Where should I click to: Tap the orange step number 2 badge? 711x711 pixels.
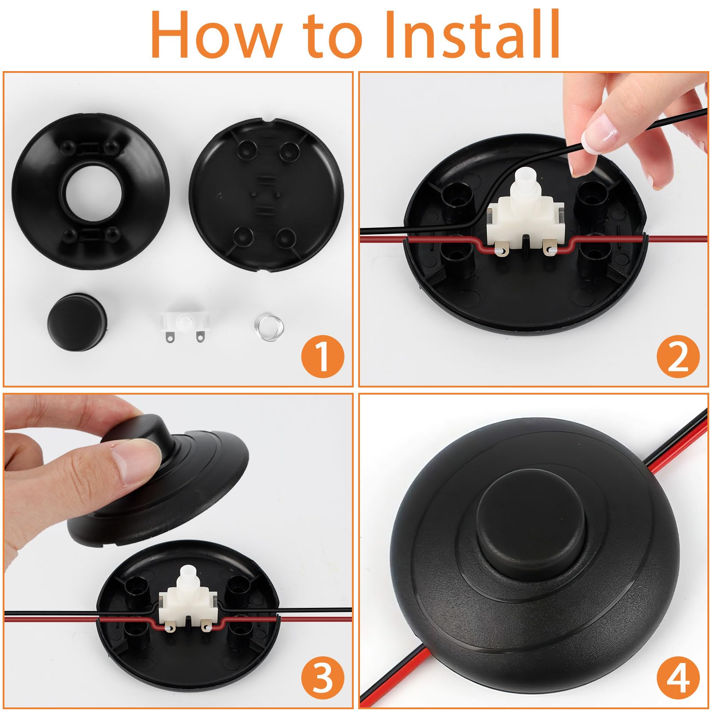[x=678, y=358]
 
